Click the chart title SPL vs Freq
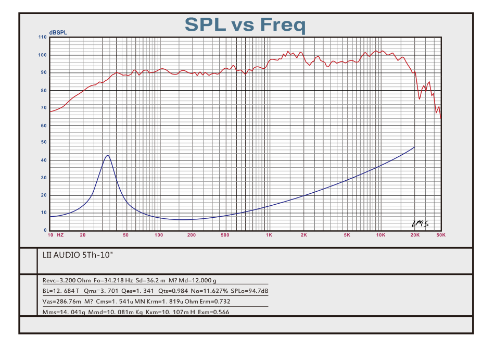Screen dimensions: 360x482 click(245, 24)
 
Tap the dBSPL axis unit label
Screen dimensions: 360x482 click(58, 33)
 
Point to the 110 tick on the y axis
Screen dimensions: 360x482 click(42, 38)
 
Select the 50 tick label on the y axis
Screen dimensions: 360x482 click(44, 142)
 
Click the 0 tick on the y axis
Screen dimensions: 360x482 click(45, 230)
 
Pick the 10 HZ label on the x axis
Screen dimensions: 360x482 click(56, 235)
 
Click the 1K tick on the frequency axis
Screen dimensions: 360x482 click(269, 235)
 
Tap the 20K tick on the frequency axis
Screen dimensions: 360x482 click(415, 235)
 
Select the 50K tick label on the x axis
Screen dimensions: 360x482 click(440, 235)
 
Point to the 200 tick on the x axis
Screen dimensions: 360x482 click(192, 235)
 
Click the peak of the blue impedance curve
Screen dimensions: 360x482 click(107, 155)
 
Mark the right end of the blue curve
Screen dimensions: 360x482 click(414, 147)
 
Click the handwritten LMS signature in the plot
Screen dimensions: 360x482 click(419, 224)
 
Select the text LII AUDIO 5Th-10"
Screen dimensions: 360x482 click(78, 256)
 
